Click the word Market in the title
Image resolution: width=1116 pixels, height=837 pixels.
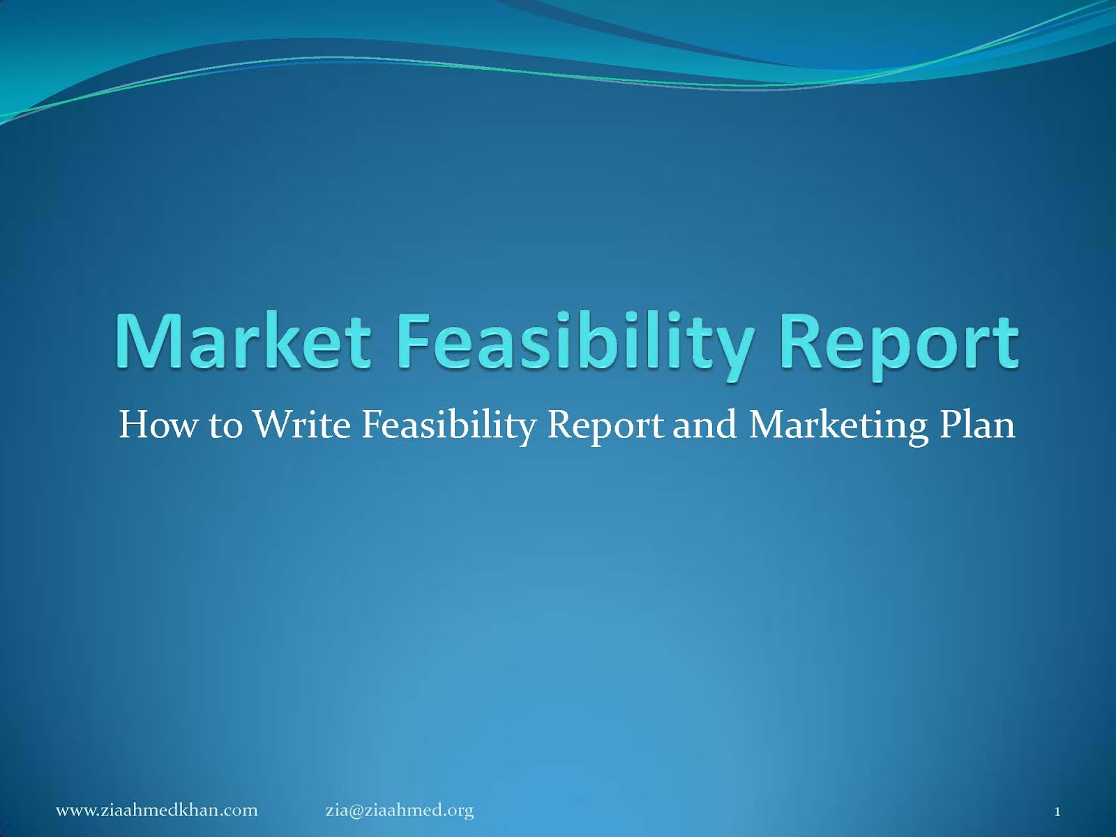coord(243,342)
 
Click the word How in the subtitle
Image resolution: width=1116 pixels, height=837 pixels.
coord(158,424)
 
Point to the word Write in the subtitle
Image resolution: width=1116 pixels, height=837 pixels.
coord(301,424)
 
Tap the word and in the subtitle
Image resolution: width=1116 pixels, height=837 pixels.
coord(704,424)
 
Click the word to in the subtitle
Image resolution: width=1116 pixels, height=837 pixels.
coord(225,425)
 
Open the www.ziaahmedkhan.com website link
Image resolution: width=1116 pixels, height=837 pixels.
coord(157,810)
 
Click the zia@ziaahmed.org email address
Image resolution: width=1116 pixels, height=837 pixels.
coord(400,810)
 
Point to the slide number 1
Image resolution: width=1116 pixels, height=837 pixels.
coord(1057,811)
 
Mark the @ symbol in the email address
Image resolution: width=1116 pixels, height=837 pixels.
coord(354,811)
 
